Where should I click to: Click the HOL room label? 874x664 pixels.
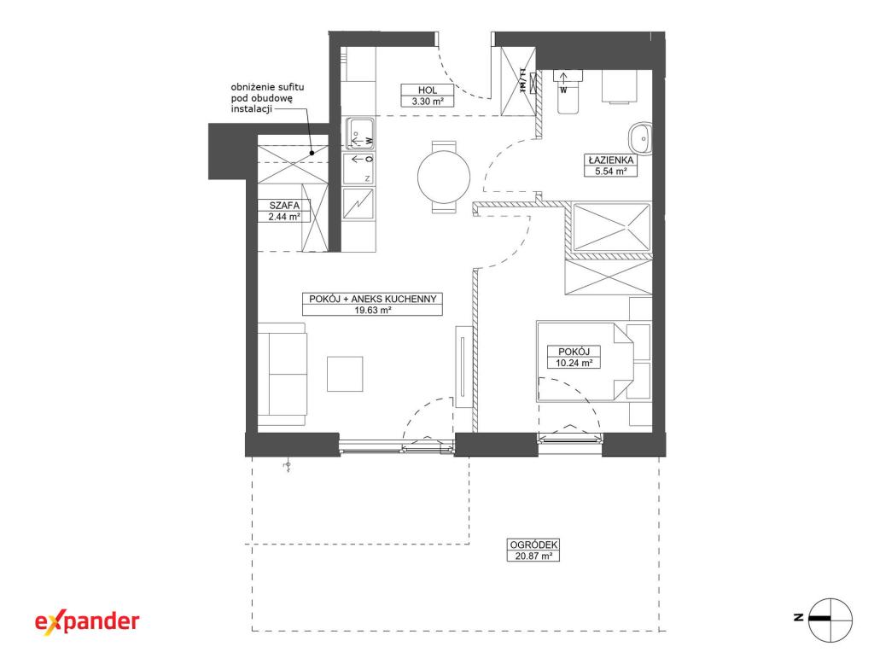(x=428, y=90)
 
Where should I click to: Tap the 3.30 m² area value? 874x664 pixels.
(x=428, y=102)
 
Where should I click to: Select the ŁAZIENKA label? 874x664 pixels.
(x=610, y=160)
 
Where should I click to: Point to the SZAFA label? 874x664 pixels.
(x=284, y=205)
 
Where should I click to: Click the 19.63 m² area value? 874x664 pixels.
(x=372, y=310)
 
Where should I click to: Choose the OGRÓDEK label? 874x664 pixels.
(x=533, y=545)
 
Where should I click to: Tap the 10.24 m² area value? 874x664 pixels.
(x=574, y=363)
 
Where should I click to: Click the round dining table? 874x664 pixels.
(x=444, y=177)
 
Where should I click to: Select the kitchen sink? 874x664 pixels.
(x=359, y=134)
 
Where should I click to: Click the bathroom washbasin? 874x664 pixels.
(x=640, y=137)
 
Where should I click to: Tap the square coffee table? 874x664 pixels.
(x=345, y=374)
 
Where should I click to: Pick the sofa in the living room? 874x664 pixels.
(x=283, y=374)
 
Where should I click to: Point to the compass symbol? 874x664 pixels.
(x=830, y=620)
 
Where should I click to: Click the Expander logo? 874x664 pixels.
(x=88, y=621)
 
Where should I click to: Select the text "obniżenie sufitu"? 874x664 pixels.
(x=267, y=87)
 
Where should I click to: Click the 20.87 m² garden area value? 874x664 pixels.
(x=533, y=556)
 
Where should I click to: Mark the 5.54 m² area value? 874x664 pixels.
(x=610, y=172)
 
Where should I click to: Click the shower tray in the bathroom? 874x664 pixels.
(x=611, y=228)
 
